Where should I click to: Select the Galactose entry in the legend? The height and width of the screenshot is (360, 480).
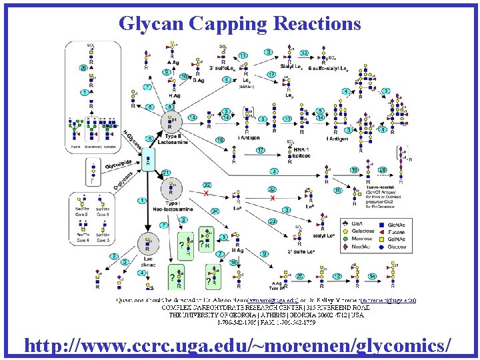click(x=358, y=230)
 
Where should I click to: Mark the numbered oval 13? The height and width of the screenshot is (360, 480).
click(x=303, y=53)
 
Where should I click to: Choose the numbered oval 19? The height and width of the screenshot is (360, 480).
click(x=355, y=170)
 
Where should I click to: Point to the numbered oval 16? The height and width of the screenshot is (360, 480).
click(x=220, y=140)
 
